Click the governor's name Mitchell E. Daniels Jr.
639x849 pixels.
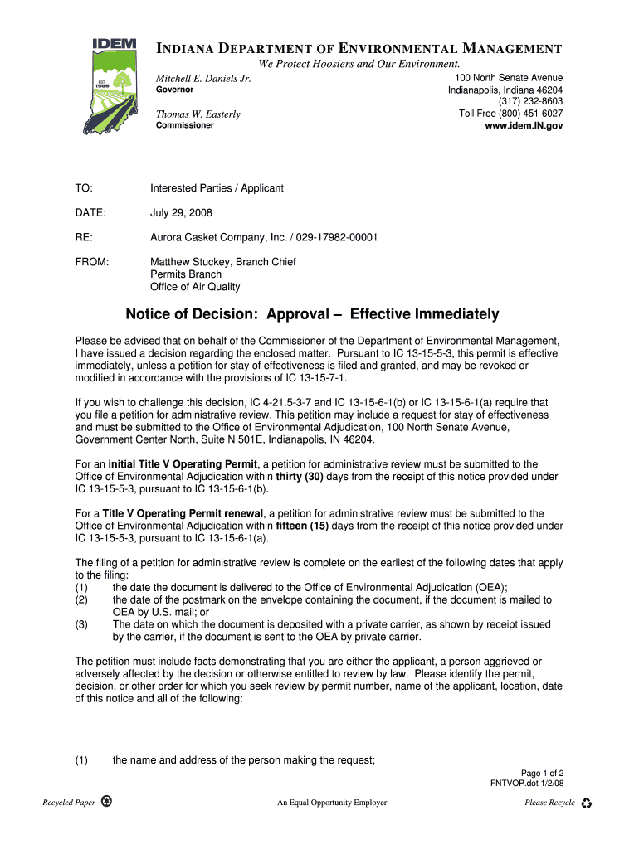pos(203,79)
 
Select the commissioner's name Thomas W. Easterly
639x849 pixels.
pos(198,114)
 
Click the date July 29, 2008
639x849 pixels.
pos(181,213)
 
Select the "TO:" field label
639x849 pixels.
pos(84,188)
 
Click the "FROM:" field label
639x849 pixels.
pos(92,262)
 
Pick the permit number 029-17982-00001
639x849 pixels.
pos(337,238)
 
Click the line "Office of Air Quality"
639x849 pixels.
pos(195,287)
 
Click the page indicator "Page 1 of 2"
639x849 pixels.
pos(542,773)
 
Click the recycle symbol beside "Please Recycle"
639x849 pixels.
pos(587,803)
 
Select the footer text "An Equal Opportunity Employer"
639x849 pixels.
pos(332,803)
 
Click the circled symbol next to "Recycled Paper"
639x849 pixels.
pos(105,802)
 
